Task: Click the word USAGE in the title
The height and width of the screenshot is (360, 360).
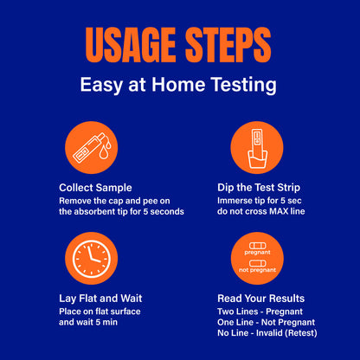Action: (131, 45)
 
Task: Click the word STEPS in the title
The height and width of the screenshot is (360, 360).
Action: (228, 45)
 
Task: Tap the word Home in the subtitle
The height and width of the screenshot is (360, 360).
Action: (178, 85)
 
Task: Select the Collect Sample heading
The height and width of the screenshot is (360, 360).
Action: (95, 188)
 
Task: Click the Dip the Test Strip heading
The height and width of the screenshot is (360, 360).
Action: (259, 188)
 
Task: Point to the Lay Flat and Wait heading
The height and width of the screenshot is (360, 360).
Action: (100, 299)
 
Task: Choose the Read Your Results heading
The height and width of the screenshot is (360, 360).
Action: (261, 299)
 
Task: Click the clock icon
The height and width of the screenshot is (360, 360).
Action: (92, 258)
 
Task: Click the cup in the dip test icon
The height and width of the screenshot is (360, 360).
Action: (258, 159)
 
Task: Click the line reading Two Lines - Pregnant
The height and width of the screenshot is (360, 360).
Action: (260, 312)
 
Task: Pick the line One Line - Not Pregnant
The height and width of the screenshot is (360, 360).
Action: (267, 323)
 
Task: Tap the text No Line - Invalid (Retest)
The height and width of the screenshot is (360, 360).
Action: (267, 333)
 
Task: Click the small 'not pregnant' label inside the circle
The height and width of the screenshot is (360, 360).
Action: (258, 270)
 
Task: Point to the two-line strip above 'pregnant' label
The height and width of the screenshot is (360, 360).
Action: (258, 246)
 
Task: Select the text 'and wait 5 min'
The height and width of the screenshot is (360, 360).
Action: (88, 322)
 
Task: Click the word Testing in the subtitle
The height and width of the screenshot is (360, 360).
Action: (243, 86)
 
